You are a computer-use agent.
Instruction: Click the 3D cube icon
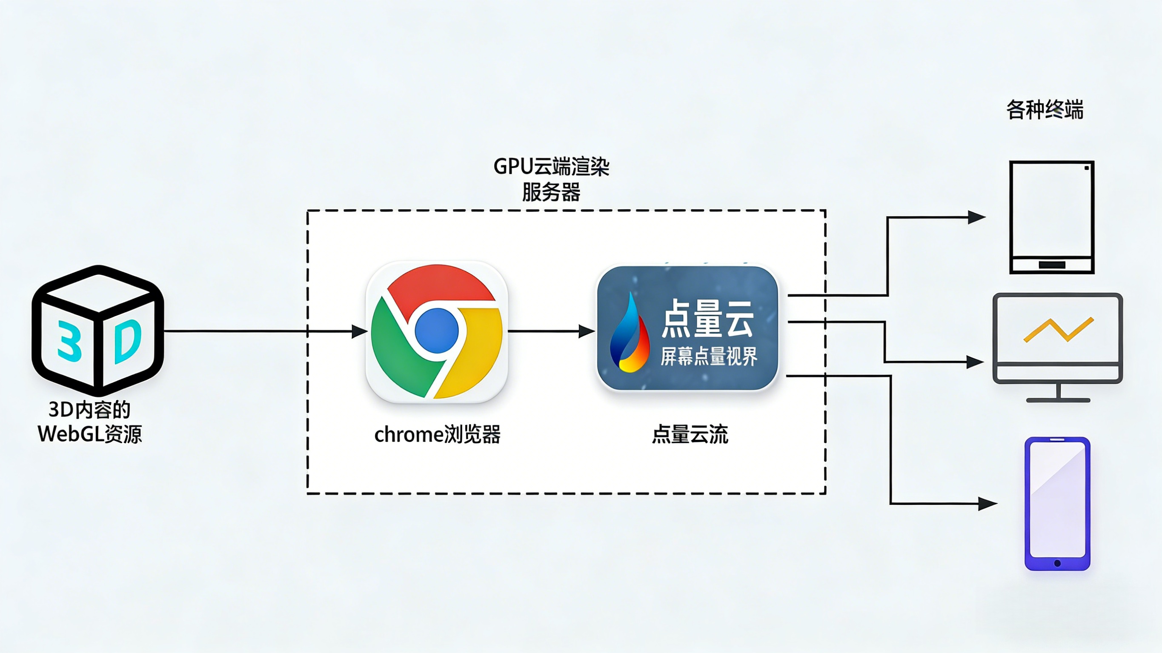(97, 331)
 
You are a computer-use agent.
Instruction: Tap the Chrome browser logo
(437, 331)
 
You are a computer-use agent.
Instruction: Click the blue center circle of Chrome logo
(437, 331)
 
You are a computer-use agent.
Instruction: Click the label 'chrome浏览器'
(437, 435)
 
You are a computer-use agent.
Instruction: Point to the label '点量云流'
(690, 435)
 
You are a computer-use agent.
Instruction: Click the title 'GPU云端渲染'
(551, 167)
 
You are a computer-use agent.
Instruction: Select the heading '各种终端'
(1045, 110)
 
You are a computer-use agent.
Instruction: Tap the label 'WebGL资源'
(90, 434)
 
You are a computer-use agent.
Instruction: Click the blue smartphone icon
(1057, 503)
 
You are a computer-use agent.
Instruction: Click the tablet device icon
(1052, 217)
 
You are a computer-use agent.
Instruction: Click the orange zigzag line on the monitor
(1059, 330)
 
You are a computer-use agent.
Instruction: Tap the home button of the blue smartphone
(1057, 563)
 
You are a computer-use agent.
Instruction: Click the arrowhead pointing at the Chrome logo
(360, 331)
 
